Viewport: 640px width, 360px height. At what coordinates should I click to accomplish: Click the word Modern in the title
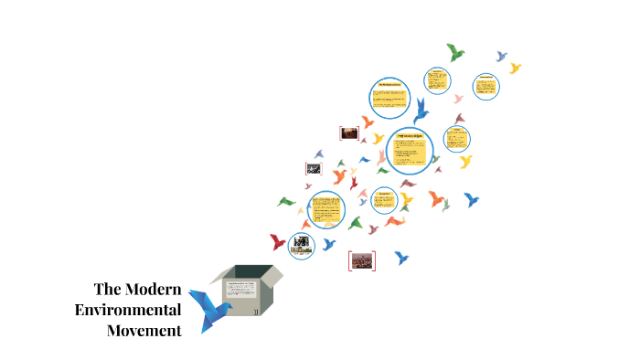click(151, 290)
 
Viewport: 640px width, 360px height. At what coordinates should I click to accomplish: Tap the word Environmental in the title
click(128, 310)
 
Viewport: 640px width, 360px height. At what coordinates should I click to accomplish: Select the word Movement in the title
click(144, 330)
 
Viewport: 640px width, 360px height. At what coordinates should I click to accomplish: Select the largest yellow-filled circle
click(409, 151)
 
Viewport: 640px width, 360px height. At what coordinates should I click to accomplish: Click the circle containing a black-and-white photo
click(301, 244)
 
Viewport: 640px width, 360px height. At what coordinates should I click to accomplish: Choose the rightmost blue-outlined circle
click(485, 88)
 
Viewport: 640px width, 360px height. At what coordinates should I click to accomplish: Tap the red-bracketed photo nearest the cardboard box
click(362, 260)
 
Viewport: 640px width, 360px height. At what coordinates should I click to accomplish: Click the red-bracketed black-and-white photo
click(313, 168)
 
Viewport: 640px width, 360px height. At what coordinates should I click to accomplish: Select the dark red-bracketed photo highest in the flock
click(348, 132)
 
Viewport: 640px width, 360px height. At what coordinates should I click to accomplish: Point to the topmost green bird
click(454, 51)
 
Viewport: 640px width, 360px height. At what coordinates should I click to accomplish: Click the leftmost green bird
click(286, 201)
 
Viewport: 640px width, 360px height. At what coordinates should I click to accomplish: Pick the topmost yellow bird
click(515, 68)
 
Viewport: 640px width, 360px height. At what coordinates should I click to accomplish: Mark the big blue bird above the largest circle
click(421, 111)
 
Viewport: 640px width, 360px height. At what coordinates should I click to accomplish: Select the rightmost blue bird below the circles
click(471, 199)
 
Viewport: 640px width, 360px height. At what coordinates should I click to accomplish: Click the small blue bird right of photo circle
click(329, 243)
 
